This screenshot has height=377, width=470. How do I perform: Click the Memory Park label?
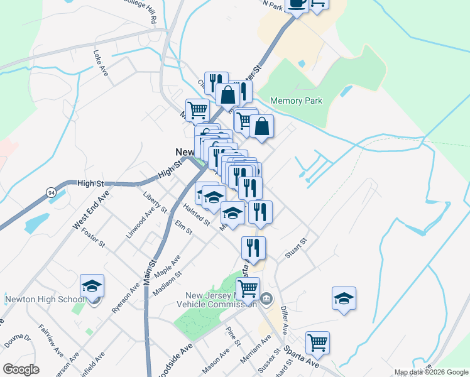(x=296, y=101)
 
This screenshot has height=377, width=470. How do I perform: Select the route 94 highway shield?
(x=50, y=192)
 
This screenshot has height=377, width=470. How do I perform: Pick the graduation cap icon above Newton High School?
(x=92, y=286)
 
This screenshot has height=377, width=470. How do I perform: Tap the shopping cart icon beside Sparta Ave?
(x=317, y=343)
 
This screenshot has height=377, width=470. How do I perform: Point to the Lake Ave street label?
(x=101, y=63)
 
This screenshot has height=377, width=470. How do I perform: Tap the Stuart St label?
(x=295, y=246)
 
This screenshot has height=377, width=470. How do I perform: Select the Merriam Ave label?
(x=255, y=349)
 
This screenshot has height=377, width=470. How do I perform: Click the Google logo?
(x=21, y=369)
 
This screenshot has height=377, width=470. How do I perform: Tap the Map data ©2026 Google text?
(x=431, y=372)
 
